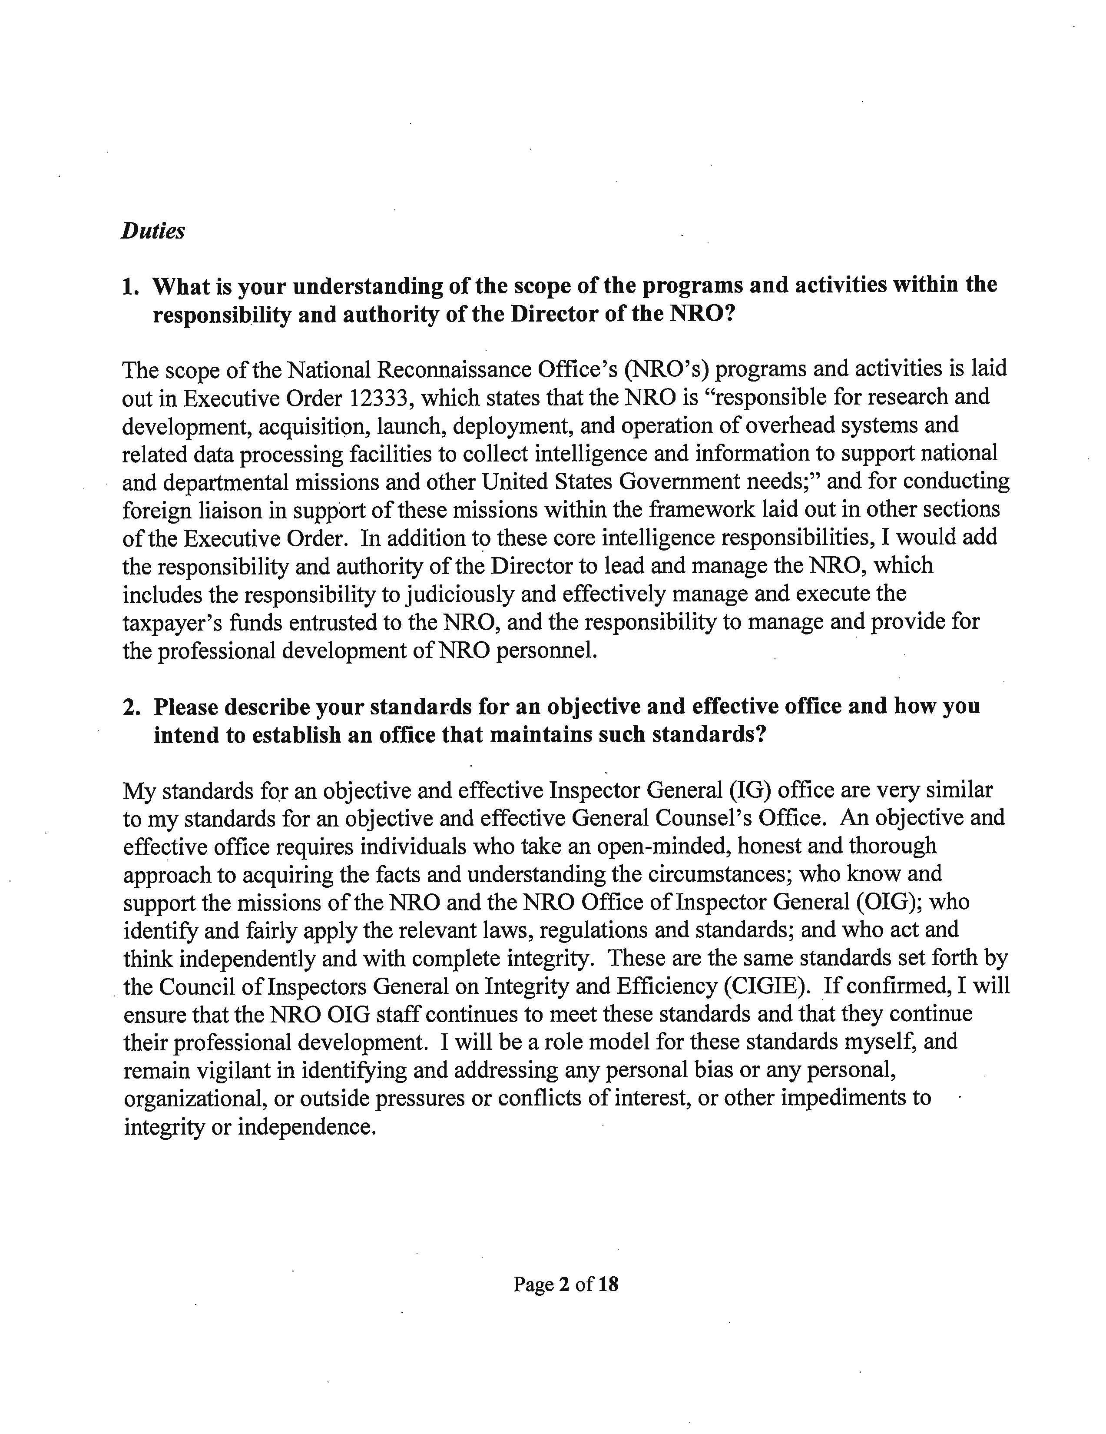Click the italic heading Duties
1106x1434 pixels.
point(152,231)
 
